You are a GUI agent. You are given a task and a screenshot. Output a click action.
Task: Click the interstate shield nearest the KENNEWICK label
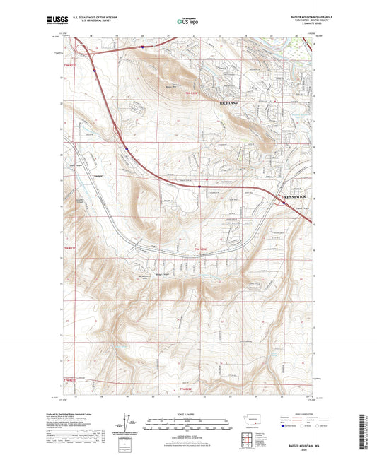tap(284, 203)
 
